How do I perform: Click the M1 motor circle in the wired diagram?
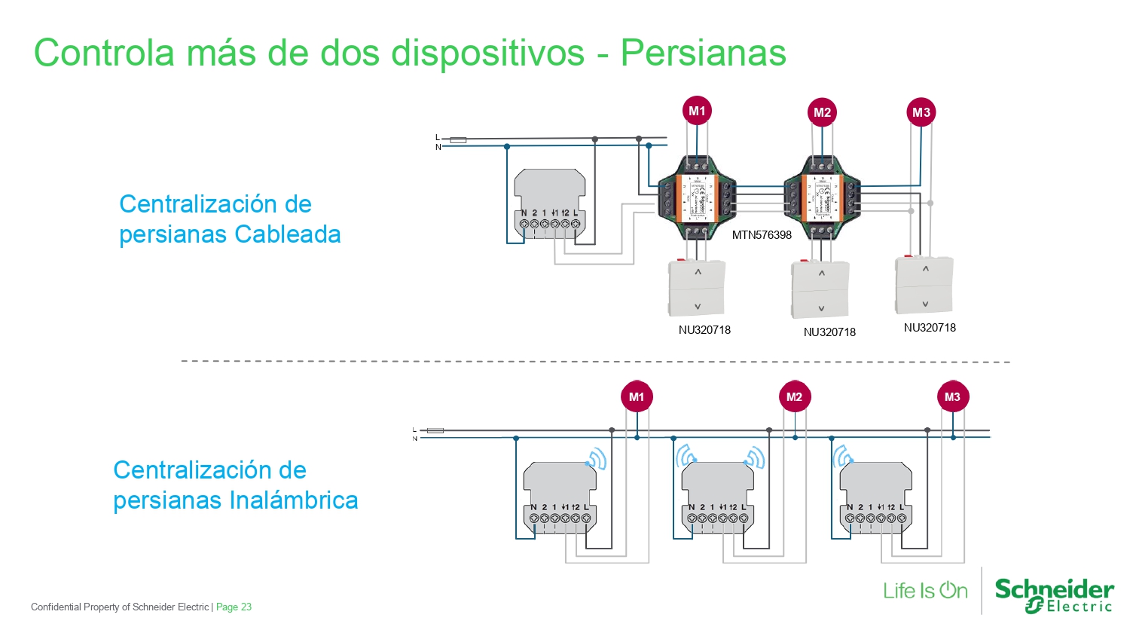pyautogui.click(x=697, y=112)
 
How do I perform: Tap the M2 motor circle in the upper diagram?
pyautogui.click(x=822, y=113)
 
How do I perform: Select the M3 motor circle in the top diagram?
pyautogui.click(x=921, y=113)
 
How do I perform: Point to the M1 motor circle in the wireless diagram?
pyautogui.click(x=637, y=397)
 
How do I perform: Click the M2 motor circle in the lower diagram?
pyautogui.click(x=794, y=397)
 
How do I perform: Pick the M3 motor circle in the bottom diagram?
pyautogui.click(x=952, y=397)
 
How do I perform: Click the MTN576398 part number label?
pyautogui.click(x=762, y=235)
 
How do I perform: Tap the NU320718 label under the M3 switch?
pyautogui.click(x=930, y=328)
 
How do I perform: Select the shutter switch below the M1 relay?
pyautogui.click(x=697, y=288)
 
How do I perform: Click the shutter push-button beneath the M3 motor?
pyautogui.click(x=924, y=286)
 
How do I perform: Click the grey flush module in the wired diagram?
pyautogui.click(x=549, y=204)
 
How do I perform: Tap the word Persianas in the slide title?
pyautogui.click(x=703, y=53)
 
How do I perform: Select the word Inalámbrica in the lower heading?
pyautogui.click(x=294, y=500)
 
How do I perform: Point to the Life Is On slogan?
pyautogui.click(x=925, y=591)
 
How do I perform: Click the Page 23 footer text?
pyautogui.click(x=234, y=607)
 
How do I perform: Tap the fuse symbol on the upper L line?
pyautogui.click(x=458, y=140)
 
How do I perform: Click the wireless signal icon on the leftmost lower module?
pyautogui.click(x=597, y=459)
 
